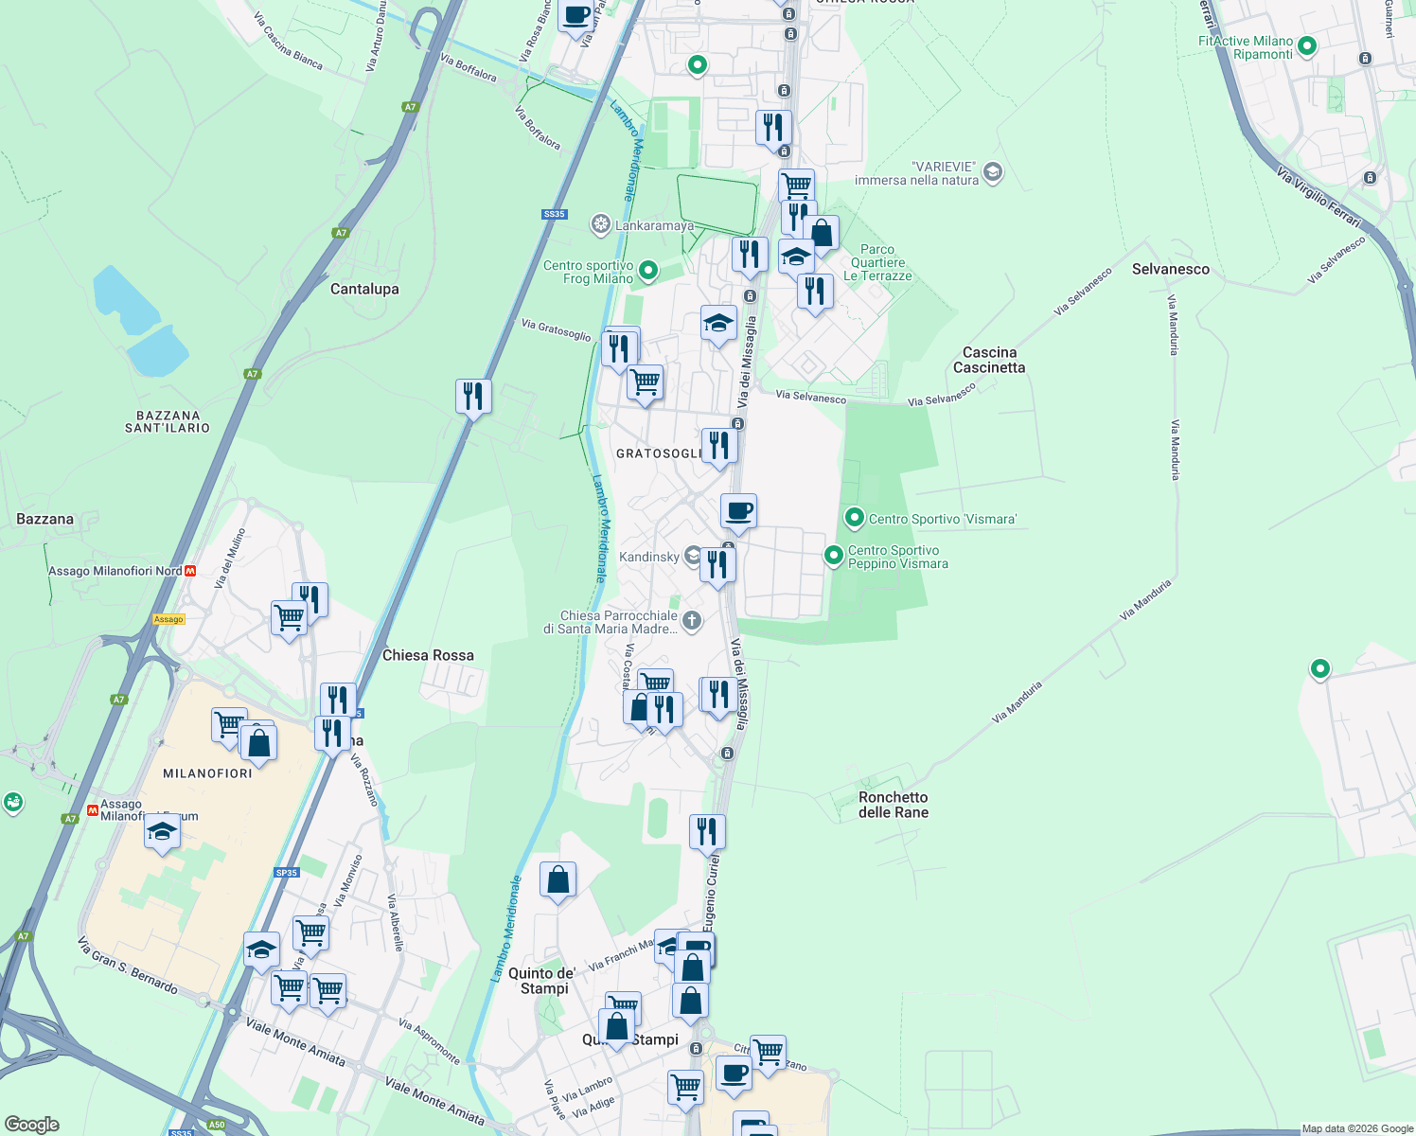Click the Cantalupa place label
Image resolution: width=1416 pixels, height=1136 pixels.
pos(364,289)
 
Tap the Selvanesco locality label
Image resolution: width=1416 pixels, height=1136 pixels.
pos(1170,269)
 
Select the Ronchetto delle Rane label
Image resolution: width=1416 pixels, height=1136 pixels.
pos(893,805)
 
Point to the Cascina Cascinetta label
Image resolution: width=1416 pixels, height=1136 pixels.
pos(989,360)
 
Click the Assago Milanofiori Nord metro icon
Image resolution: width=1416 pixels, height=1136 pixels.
pos(191,571)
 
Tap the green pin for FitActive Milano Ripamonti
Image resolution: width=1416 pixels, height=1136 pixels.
pos(1307,45)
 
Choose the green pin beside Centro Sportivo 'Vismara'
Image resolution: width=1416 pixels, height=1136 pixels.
pos(855,518)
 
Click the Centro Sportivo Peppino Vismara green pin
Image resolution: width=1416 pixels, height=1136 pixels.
pos(834,556)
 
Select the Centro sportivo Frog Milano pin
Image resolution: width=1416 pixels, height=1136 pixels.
pos(648,271)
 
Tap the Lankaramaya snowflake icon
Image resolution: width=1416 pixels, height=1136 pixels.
pos(600,225)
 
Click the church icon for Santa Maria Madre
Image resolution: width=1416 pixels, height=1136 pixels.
pos(692,621)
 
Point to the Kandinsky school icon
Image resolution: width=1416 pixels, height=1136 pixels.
pos(693,556)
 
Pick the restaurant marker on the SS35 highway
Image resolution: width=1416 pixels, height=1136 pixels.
pos(473,396)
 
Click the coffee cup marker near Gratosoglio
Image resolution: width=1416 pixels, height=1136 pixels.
pos(738,511)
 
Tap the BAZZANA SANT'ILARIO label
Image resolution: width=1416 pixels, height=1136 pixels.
pos(168,421)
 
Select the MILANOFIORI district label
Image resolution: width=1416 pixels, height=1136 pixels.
pos(207,773)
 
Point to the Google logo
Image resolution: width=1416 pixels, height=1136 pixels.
pos(32,1125)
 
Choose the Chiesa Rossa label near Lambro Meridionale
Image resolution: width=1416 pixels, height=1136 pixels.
pos(428,655)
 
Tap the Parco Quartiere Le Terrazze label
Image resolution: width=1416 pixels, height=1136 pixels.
pos(877,263)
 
